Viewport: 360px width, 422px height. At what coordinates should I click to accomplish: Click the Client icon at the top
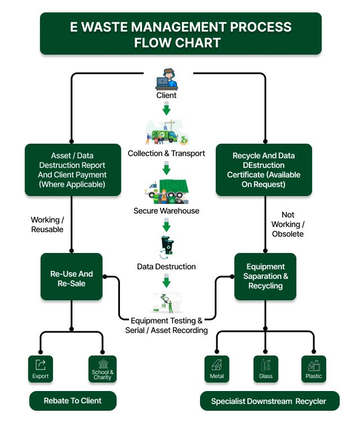[166, 79]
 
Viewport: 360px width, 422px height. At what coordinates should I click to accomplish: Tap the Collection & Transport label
[166, 153]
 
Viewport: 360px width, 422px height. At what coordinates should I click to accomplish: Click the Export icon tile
[41, 369]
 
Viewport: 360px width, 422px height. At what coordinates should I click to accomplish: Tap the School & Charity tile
[103, 369]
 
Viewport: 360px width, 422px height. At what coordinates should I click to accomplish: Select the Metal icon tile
[217, 369]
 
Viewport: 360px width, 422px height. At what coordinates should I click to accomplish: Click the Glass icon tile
[265, 369]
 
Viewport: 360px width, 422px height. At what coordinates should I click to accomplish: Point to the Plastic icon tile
[314, 369]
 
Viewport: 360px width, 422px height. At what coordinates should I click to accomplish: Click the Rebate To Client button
[73, 401]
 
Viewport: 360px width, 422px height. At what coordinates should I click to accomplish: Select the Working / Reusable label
[47, 225]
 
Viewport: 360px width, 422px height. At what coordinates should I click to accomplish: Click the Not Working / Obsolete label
[287, 224]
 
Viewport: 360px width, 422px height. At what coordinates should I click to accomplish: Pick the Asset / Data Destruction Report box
[73, 170]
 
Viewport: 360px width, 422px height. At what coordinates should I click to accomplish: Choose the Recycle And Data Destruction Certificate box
[264, 170]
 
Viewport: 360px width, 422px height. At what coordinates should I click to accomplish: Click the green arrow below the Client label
[166, 110]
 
